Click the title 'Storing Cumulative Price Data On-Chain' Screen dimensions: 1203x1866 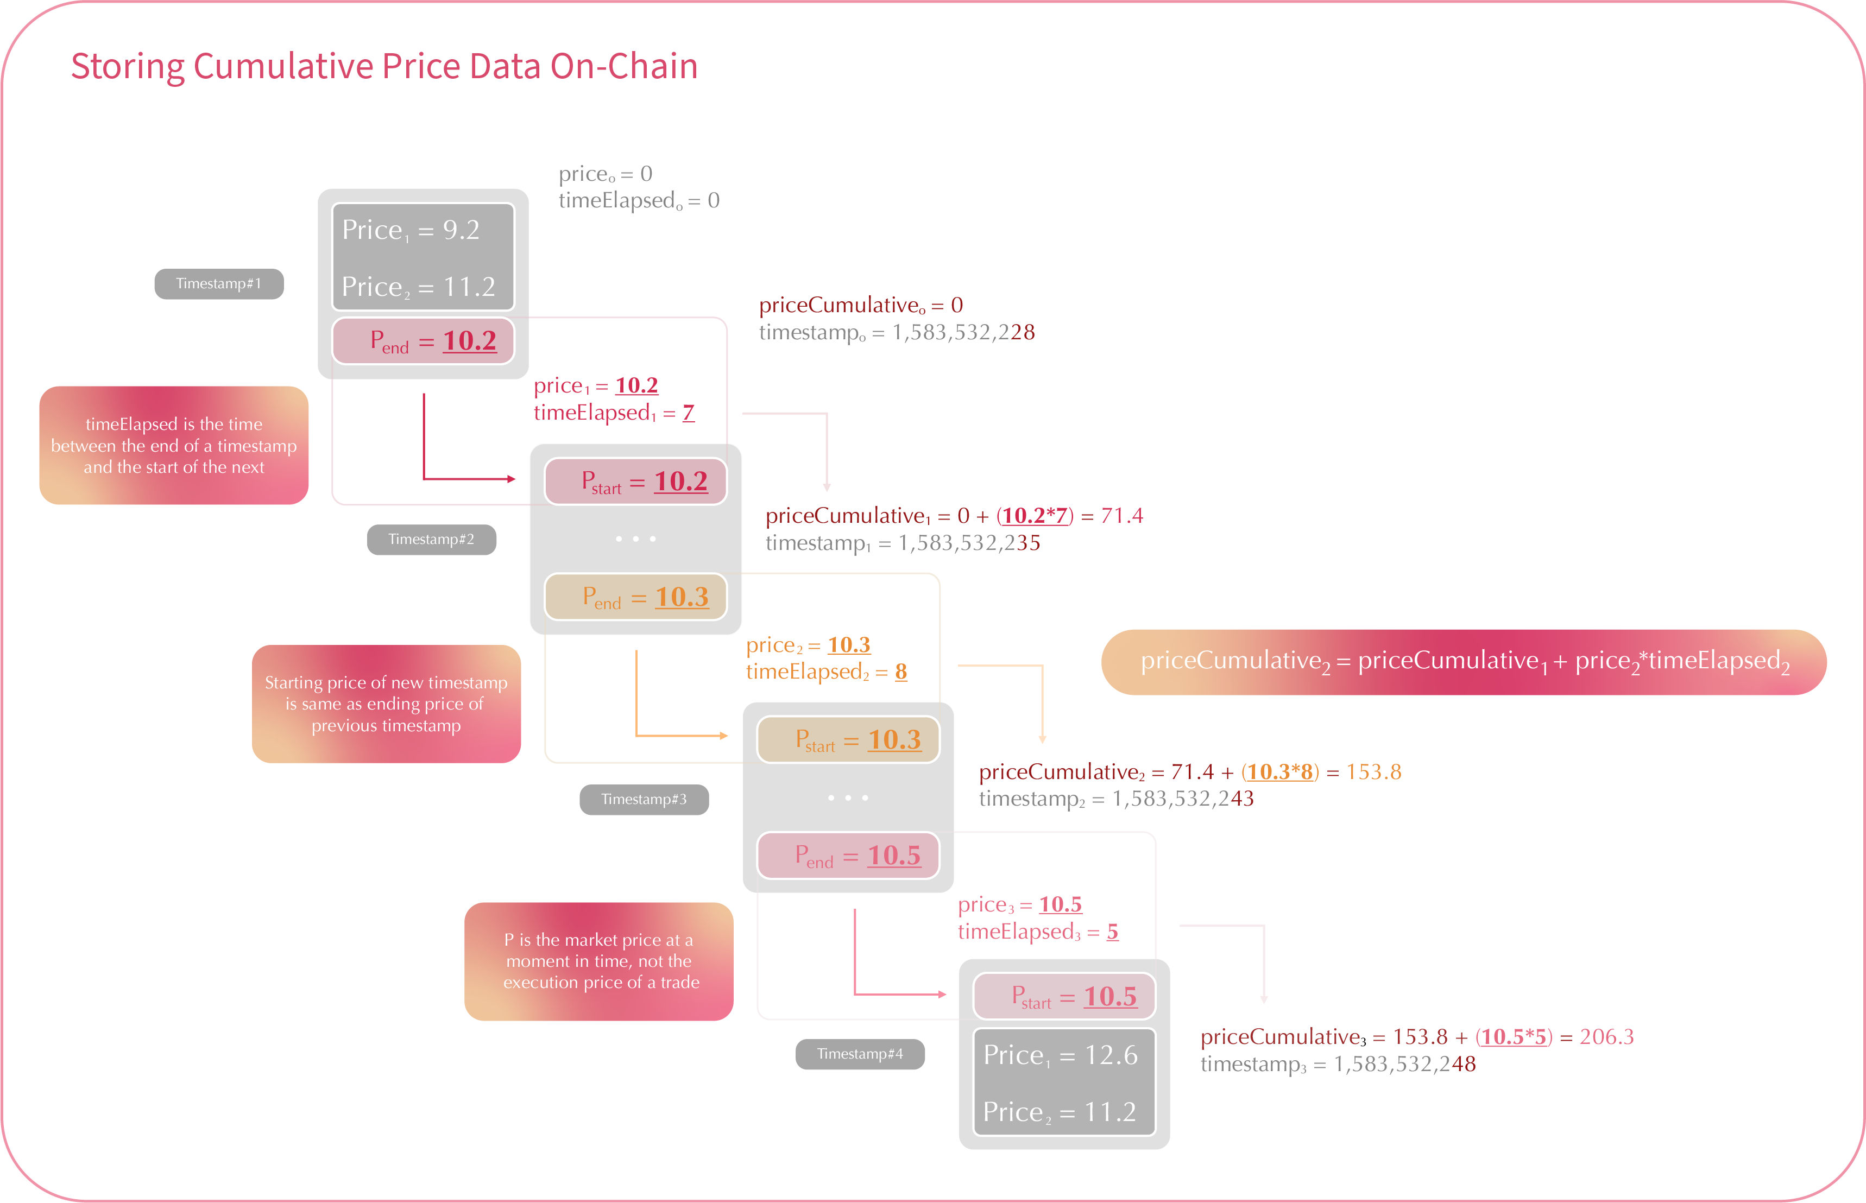383,66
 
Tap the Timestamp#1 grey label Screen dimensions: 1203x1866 219,283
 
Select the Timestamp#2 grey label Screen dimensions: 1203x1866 431,540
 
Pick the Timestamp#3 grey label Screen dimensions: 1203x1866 644,799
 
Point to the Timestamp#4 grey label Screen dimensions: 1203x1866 860,1054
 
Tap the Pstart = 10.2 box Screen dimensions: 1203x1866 635,481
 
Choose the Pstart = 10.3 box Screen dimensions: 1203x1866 848,739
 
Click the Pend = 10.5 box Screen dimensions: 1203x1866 848,856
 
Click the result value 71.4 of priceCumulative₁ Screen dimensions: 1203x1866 1121,516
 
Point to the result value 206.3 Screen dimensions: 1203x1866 1606,1037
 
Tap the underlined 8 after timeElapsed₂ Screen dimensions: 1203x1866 901,672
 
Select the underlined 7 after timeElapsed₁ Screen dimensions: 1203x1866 689,413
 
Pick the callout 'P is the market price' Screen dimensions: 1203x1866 598,961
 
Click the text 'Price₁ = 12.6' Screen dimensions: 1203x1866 1061,1055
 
